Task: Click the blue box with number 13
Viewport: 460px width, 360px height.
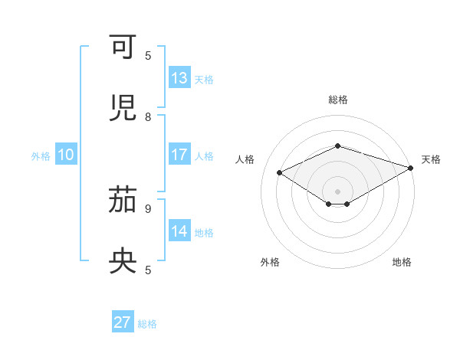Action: click(x=179, y=78)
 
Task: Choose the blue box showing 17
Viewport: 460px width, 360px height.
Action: click(x=179, y=155)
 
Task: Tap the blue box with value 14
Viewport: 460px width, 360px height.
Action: click(x=179, y=231)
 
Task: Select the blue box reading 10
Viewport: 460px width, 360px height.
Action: click(x=66, y=155)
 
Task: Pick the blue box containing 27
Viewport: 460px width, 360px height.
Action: click(x=123, y=322)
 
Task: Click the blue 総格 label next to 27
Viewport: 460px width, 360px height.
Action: click(x=147, y=323)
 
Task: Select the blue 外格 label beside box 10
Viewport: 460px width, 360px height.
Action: click(x=41, y=155)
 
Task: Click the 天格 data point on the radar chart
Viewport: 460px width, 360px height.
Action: click(x=412, y=167)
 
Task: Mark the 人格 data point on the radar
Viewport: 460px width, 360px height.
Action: click(x=280, y=173)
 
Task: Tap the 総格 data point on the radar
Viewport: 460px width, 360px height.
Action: click(x=337, y=146)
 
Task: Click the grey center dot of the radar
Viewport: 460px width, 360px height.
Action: click(x=337, y=191)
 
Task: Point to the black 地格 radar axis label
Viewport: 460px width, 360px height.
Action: click(x=402, y=262)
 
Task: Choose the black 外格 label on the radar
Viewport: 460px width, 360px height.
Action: click(x=270, y=262)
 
